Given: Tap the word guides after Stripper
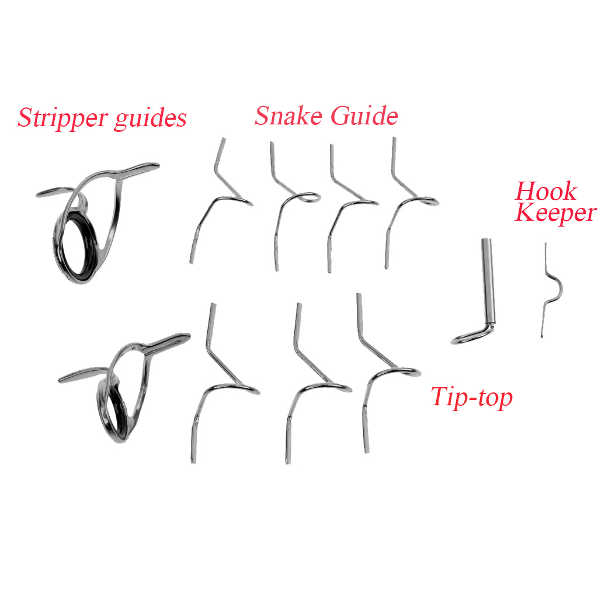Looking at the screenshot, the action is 150,119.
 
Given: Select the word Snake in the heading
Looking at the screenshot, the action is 288,115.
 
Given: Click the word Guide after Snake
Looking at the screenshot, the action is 364,115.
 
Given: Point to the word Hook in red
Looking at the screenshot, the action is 546,191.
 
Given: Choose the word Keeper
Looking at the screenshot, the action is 555,213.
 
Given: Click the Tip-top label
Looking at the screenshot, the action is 472,398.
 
